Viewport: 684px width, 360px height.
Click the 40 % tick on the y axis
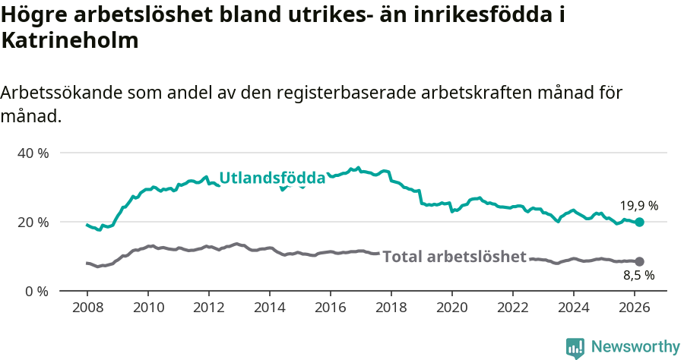33,153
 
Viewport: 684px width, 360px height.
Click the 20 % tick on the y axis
33,223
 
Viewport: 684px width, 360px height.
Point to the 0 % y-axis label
36,292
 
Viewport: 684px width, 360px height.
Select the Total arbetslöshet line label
454,257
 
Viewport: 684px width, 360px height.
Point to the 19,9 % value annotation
638,206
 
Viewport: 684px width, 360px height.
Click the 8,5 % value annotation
638,276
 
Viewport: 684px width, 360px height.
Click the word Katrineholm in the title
70,41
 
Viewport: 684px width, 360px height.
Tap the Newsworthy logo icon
575,347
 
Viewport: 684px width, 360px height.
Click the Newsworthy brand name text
635,347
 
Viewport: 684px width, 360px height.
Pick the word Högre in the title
32,14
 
